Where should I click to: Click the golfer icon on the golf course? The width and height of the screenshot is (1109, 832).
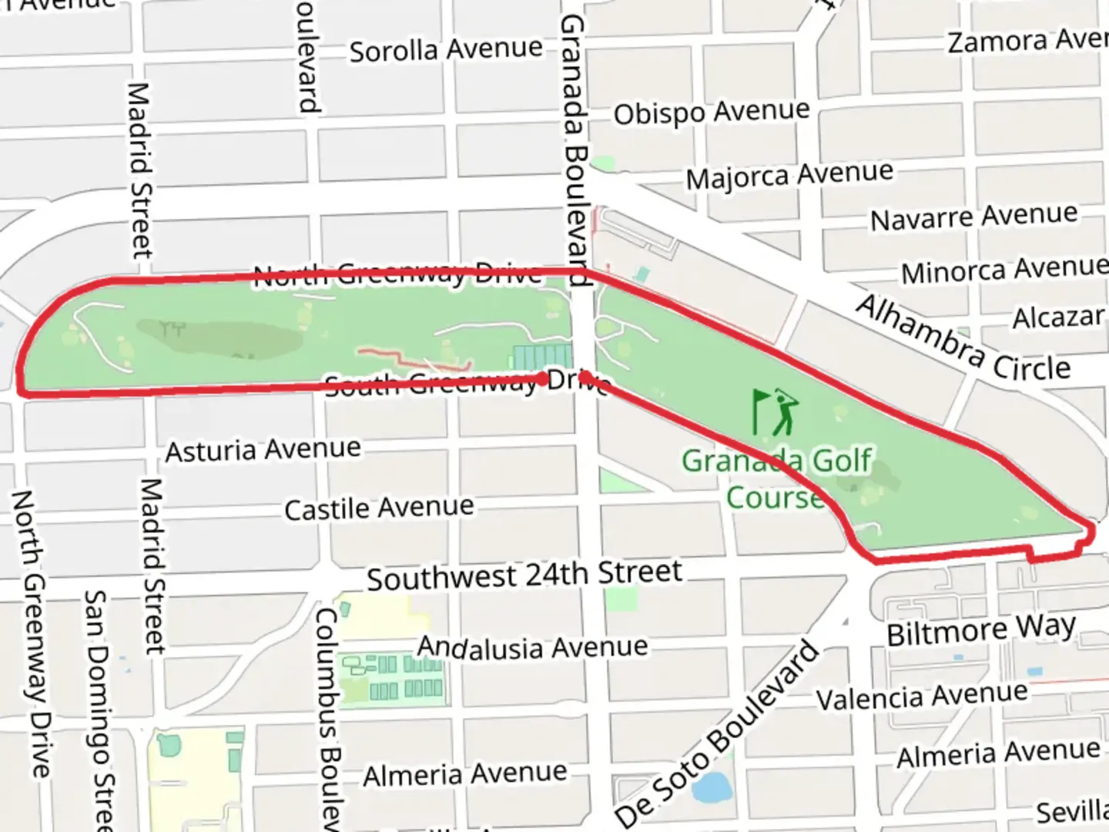tap(776, 411)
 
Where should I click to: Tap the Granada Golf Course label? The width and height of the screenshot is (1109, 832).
tap(776, 478)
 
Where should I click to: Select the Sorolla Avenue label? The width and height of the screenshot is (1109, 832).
tap(446, 50)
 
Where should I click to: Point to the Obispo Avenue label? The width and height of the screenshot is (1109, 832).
tap(712, 112)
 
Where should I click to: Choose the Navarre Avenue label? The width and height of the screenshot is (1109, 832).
tap(973, 216)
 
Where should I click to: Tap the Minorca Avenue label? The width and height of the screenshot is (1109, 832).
tap(1004, 270)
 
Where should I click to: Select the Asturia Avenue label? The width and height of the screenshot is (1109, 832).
tap(263, 450)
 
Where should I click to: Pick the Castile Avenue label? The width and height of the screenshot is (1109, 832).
tap(379, 508)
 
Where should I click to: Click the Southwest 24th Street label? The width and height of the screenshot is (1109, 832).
tap(524, 575)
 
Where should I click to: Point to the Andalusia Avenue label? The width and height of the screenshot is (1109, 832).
tap(532, 647)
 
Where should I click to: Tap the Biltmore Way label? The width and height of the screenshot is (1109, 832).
tap(981, 630)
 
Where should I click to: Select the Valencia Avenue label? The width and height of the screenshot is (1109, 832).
tap(922, 696)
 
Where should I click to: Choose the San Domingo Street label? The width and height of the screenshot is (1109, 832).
tap(99, 709)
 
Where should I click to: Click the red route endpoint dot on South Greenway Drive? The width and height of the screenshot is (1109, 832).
tap(544, 378)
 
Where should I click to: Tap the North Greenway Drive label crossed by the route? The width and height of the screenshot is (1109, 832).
tap(397, 274)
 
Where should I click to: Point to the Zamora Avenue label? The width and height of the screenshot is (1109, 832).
tap(1027, 40)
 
